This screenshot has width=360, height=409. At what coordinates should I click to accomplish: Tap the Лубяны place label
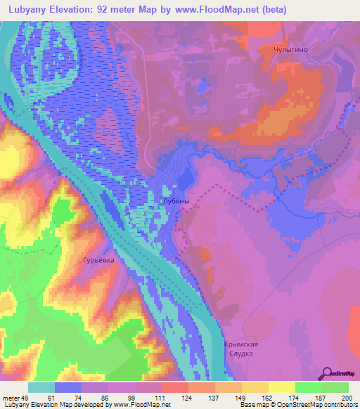click(176, 201)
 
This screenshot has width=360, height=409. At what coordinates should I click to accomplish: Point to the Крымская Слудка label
click(242, 348)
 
